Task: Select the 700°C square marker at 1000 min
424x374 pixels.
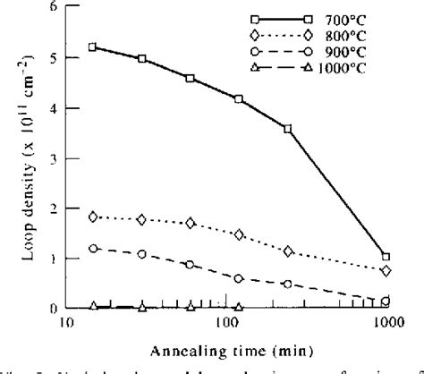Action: coord(386,256)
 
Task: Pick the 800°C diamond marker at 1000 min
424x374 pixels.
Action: coord(386,270)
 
